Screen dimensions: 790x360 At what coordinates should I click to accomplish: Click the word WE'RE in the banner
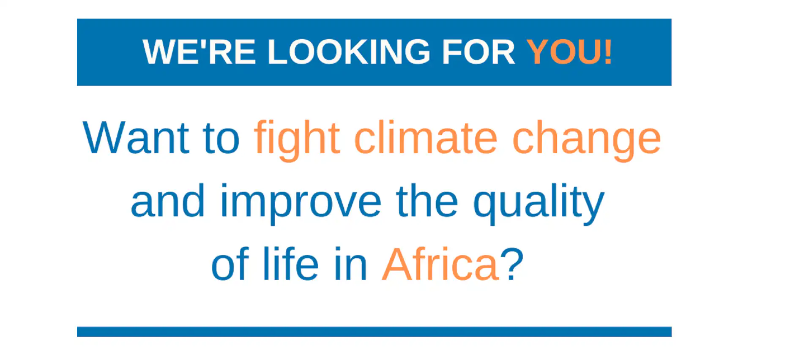199,52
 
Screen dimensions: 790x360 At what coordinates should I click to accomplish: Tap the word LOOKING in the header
349,52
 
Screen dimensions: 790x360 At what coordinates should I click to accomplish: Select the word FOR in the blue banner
478,52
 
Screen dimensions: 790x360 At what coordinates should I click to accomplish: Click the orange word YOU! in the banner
569,52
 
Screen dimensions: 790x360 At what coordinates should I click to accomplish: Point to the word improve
301,204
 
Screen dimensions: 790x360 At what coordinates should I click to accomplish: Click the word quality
539,204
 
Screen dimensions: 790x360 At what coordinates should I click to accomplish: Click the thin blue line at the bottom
374,332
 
